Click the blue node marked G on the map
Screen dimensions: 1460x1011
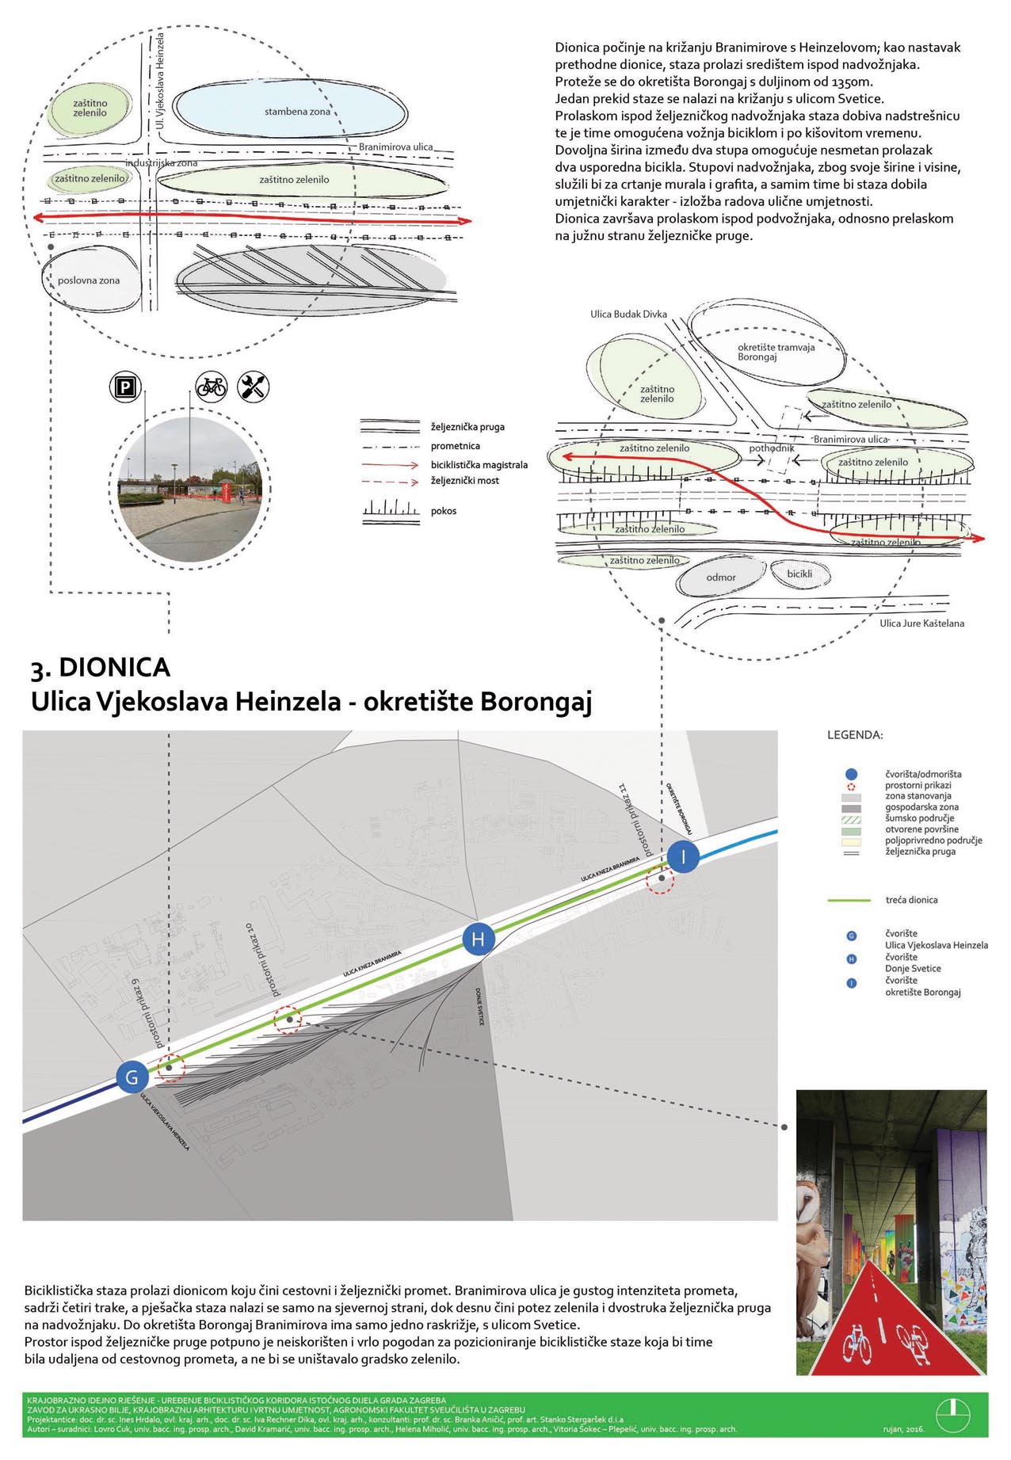point(132,1077)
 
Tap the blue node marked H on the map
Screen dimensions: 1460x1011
point(478,940)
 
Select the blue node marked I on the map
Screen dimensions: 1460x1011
point(683,856)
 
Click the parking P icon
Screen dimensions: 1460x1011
point(125,387)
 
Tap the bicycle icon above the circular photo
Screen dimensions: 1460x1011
point(212,387)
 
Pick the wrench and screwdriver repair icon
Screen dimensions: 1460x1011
point(254,387)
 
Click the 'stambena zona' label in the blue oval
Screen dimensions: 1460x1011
point(297,112)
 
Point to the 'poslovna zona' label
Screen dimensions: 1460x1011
point(89,280)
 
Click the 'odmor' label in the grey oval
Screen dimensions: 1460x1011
point(721,578)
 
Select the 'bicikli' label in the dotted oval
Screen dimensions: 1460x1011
point(799,574)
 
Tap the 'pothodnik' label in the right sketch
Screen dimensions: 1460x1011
point(772,448)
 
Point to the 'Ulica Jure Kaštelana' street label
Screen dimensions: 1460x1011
point(921,623)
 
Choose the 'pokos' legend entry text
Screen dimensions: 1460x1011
point(444,511)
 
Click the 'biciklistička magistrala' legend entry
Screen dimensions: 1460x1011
point(479,465)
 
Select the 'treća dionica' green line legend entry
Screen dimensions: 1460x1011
point(911,900)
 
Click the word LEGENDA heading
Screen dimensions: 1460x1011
point(855,734)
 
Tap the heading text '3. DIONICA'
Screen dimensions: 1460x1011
point(101,668)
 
